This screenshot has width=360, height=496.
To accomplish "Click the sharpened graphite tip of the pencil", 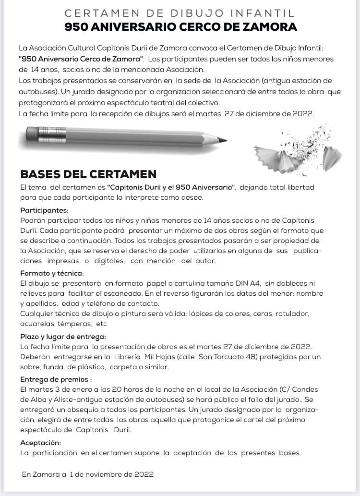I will pyautogui.click(x=223, y=140).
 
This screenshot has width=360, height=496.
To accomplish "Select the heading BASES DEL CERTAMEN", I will pyautogui.click(x=88, y=174).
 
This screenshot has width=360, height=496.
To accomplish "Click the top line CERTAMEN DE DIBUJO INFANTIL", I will pyautogui.click(x=180, y=12).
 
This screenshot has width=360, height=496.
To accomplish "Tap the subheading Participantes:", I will pyautogui.click(x=44, y=210).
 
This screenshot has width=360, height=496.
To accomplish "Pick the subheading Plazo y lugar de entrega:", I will pyautogui.click(x=63, y=337).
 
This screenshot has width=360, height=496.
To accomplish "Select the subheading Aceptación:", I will pyautogui.click(x=40, y=443).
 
